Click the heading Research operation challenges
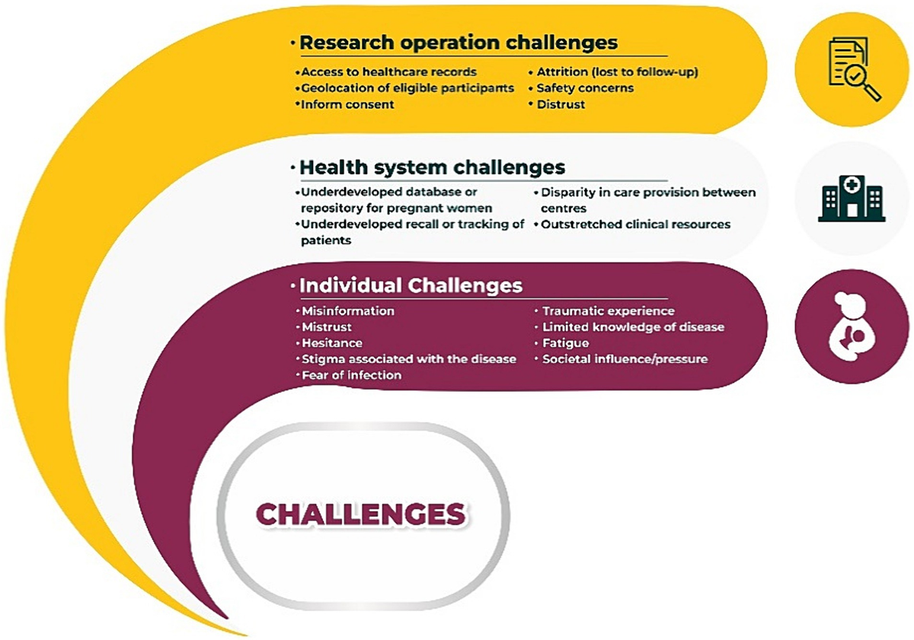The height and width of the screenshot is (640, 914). [458, 43]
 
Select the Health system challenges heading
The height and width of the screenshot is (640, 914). [432, 167]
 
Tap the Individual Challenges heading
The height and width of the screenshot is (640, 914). [411, 286]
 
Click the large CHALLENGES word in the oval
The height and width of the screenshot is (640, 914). [360, 514]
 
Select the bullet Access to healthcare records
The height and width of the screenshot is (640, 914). [388, 72]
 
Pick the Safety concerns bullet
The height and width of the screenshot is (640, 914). [585, 88]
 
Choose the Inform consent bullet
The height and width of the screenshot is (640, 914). [347, 104]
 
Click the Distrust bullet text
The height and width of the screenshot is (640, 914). [561, 104]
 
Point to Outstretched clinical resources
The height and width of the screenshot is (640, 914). [636, 224]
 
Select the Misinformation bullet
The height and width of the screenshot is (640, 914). [347, 311]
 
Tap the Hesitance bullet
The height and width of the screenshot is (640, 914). [331, 343]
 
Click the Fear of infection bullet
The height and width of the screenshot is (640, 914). [351, 375]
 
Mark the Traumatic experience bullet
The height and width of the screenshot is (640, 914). [608, 311]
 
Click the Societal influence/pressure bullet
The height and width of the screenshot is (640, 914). [625, 359]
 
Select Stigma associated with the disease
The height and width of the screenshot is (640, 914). [408, 359]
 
